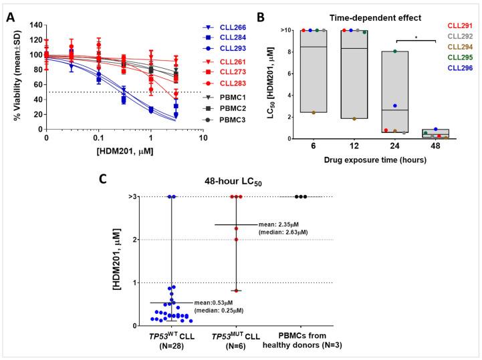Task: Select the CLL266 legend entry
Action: (224, 27)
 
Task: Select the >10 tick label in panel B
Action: (285, 30)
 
